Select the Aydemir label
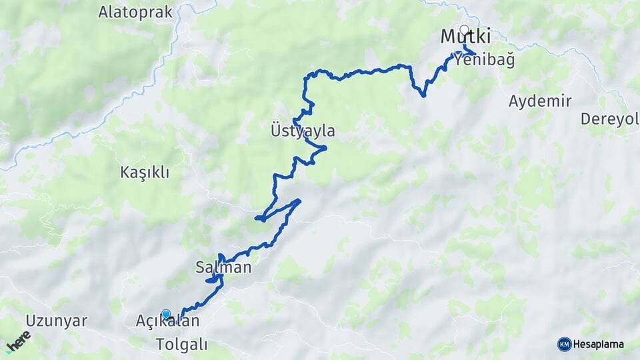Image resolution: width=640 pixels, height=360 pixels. pyautogui.click(x=540, y=101)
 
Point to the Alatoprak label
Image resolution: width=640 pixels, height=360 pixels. pyautogui.click(x=135, y=12)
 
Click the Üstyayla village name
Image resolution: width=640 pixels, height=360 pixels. pyautogui.click(x=303, y=131)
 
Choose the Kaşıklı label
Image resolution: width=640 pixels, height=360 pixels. pyautogui.click(x=145, y=173)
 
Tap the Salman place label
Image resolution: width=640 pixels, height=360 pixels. pyautogui.click(x=223, y=268)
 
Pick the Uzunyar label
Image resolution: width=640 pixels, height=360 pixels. pyautogui.click(x=57, y=321)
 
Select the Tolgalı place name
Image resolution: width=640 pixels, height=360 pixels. pyautogui.click(x=181, y=345)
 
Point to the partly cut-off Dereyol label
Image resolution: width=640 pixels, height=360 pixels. pyautogui.click(x=609, y=119)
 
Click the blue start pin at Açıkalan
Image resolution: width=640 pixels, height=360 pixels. pyautogui.click(x=165, y=314)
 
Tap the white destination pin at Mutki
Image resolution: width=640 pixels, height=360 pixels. pyautogui.click(x=464, y=30)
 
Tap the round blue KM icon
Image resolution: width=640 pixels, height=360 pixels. pyautogui.click(x=564, y=344)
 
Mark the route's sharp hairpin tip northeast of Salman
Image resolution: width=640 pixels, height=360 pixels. pyautogui.click(x=299, y=200)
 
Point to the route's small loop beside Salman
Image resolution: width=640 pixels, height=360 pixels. pyautogui.click(x=213, y=281)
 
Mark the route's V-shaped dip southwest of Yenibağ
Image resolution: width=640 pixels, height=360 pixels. pyautogui.click(x=423, y=95)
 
